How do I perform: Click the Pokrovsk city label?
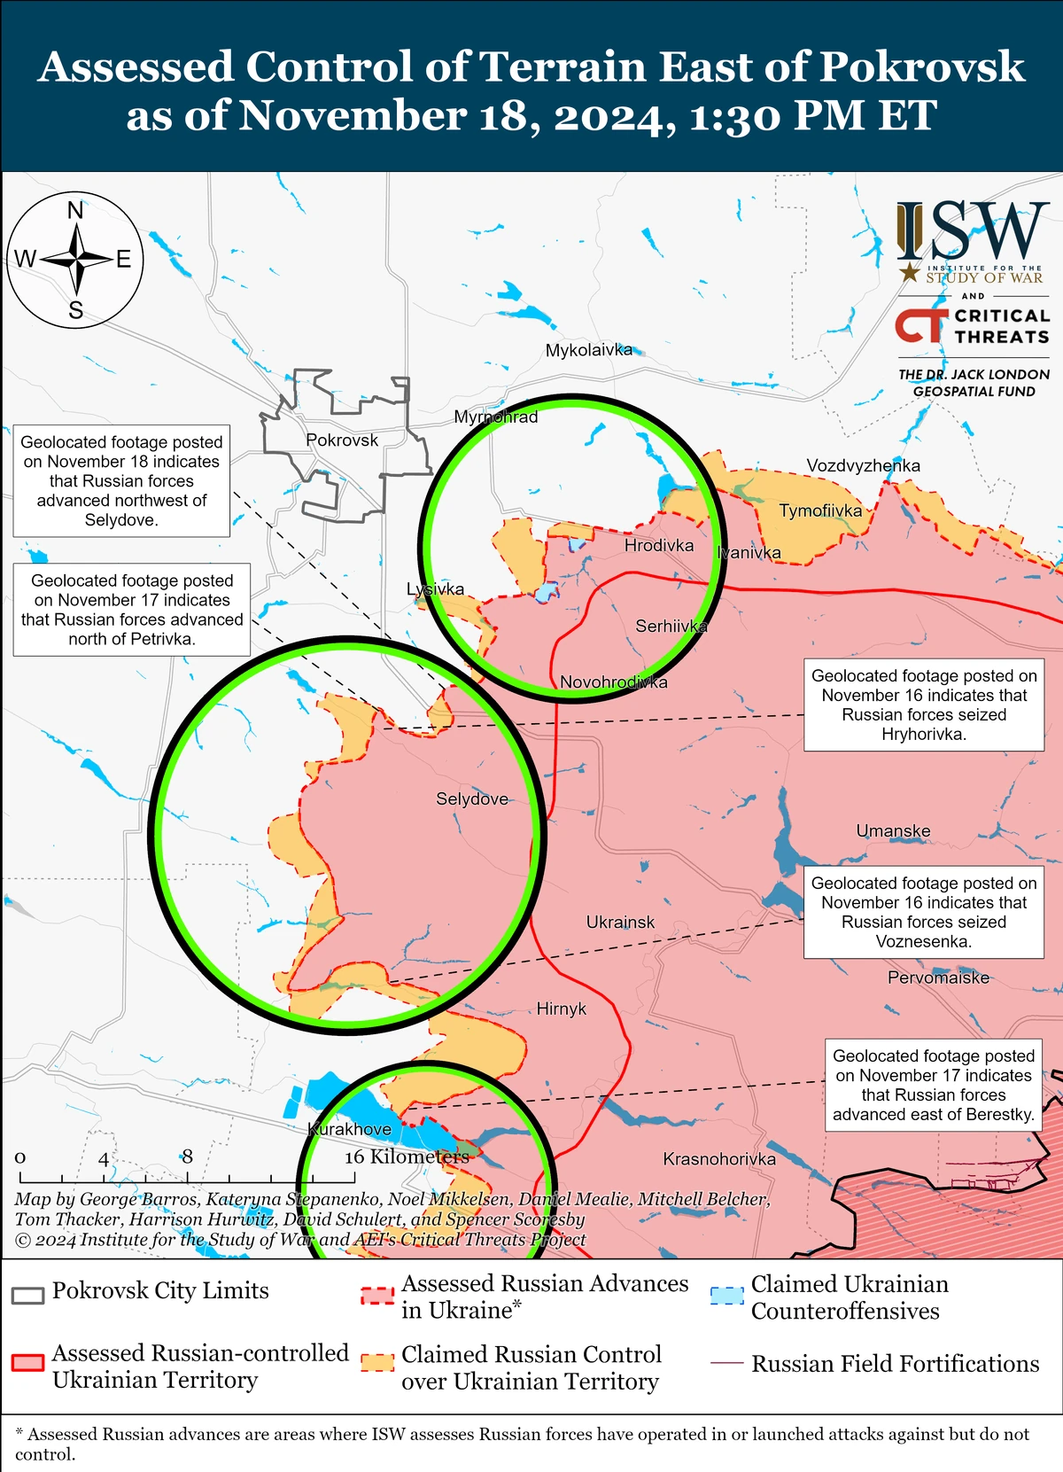click(x=341, y=440)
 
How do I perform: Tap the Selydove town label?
click(x=471, y=798)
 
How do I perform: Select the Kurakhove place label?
click(x=350, y=1129)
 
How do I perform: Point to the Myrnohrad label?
click(x=495, y=417)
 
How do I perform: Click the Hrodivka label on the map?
click(x=658, y=545)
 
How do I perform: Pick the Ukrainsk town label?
click(x=620, y=922)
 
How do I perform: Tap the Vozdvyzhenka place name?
click(x=863, y=465)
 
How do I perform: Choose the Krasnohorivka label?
click(x=718, y=1158)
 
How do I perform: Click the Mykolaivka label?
click(x=588, y=350)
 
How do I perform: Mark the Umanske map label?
click(x=893, y=830)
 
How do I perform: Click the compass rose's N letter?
click(x=75, y=211)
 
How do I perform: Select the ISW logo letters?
click(x=973, y=232)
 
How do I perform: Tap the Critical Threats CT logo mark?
click(x=920, y=325)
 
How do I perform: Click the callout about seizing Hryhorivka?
click(x=924, y=705)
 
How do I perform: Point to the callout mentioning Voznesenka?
click(x=924, y=912)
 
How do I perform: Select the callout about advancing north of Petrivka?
click(x=132, y=610)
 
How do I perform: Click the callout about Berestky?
click(x=934, y=1085)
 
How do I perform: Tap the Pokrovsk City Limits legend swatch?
click(x=27, y=1295)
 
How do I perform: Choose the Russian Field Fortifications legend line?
click(x=726, y=1363)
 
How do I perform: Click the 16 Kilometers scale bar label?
click(x=406, y=1157)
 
